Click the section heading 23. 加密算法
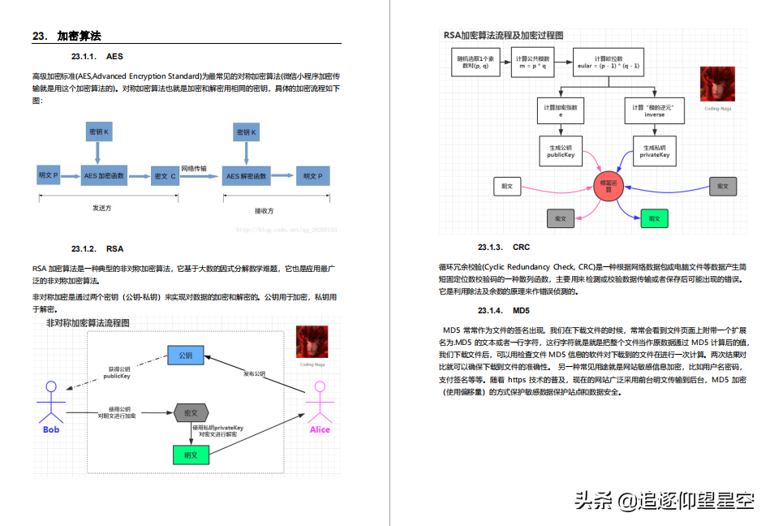pyautogui.click(x=67, y=36)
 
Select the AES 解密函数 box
pyautogui.click(x=247, y=176)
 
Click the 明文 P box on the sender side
pyautogui.click(x=49, y=175)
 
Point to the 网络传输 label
pyautogui.click(x=193, y=168)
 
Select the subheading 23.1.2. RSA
pyautogui.click(x=97, y=248)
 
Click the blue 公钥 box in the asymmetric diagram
pyautogui.click(x=185, y=356)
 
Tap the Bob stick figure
pyautogui.click(x=51, y=402)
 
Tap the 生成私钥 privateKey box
pyautogui.click(x=653, y=151)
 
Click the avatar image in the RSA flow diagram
pyautogui.click(x=717, y=83)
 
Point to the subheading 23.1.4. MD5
pyautogui.click(x=503, y=311)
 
